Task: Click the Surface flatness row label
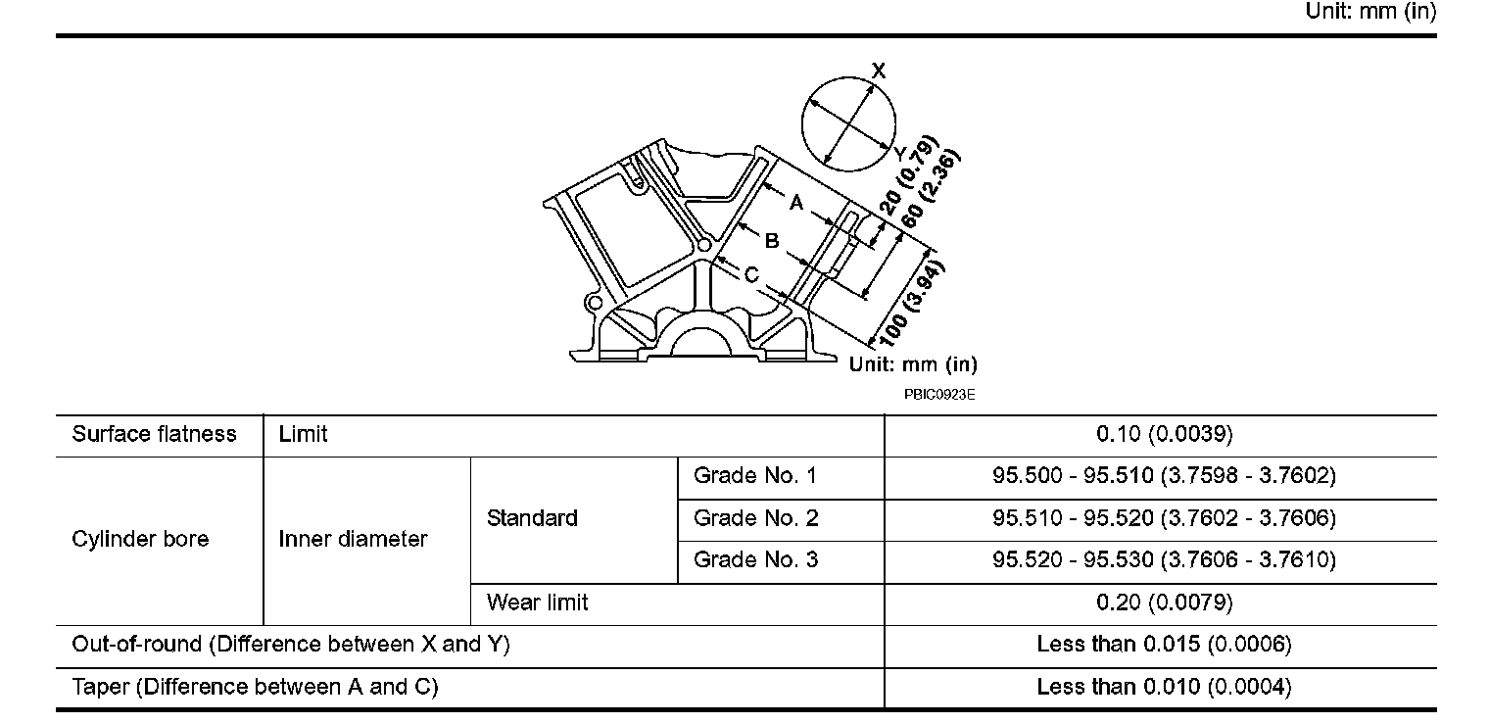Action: coord(155,435)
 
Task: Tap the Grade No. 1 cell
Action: coord(755,477)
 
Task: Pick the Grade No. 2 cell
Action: coord(755,518)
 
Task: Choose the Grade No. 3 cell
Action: coord(755,560)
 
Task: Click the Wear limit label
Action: coord(537,602)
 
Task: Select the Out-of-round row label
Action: coord(291,645)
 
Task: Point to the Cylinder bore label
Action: coord(140,539)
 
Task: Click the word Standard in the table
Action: coord(532,518)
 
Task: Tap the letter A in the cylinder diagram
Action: coord(796,203)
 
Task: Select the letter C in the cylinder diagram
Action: coord(751,276)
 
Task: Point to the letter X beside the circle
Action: coord(879,71)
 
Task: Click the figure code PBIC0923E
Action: coord(940,395)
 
